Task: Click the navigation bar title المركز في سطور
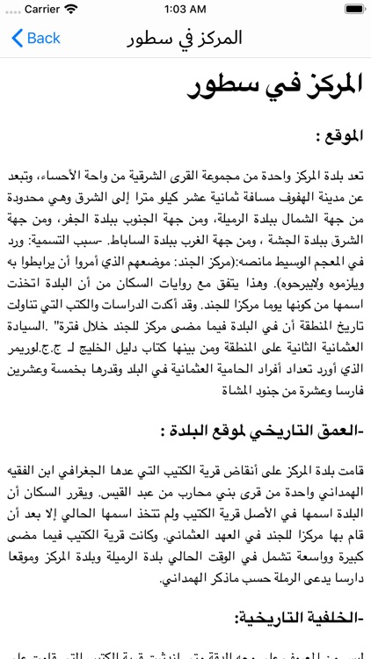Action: click(185, 38)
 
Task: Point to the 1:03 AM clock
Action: click(185, 10)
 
